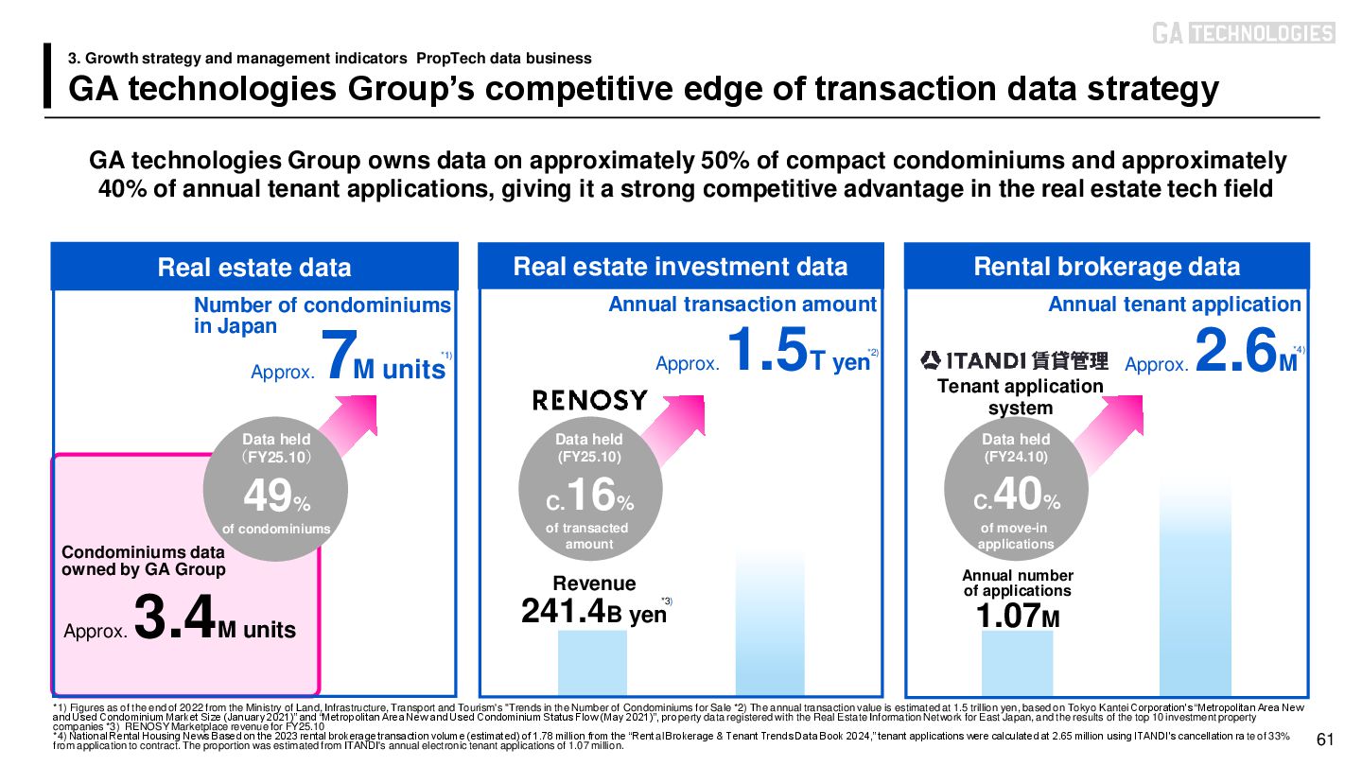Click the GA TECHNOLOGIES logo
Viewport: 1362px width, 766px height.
click(1243, 33)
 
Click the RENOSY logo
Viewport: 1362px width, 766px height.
click(590, 400)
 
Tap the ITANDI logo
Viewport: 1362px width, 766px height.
click(1014, 360)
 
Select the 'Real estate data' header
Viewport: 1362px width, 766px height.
click(253, 267)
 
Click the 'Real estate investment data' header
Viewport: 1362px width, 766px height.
click(680, 266)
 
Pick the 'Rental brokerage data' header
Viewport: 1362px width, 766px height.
click(1107, 266)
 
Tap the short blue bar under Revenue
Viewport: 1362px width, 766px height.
click(592, 663)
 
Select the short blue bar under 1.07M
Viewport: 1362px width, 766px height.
click(1017, 663)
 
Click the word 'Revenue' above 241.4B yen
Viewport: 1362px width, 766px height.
click(594, 583)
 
